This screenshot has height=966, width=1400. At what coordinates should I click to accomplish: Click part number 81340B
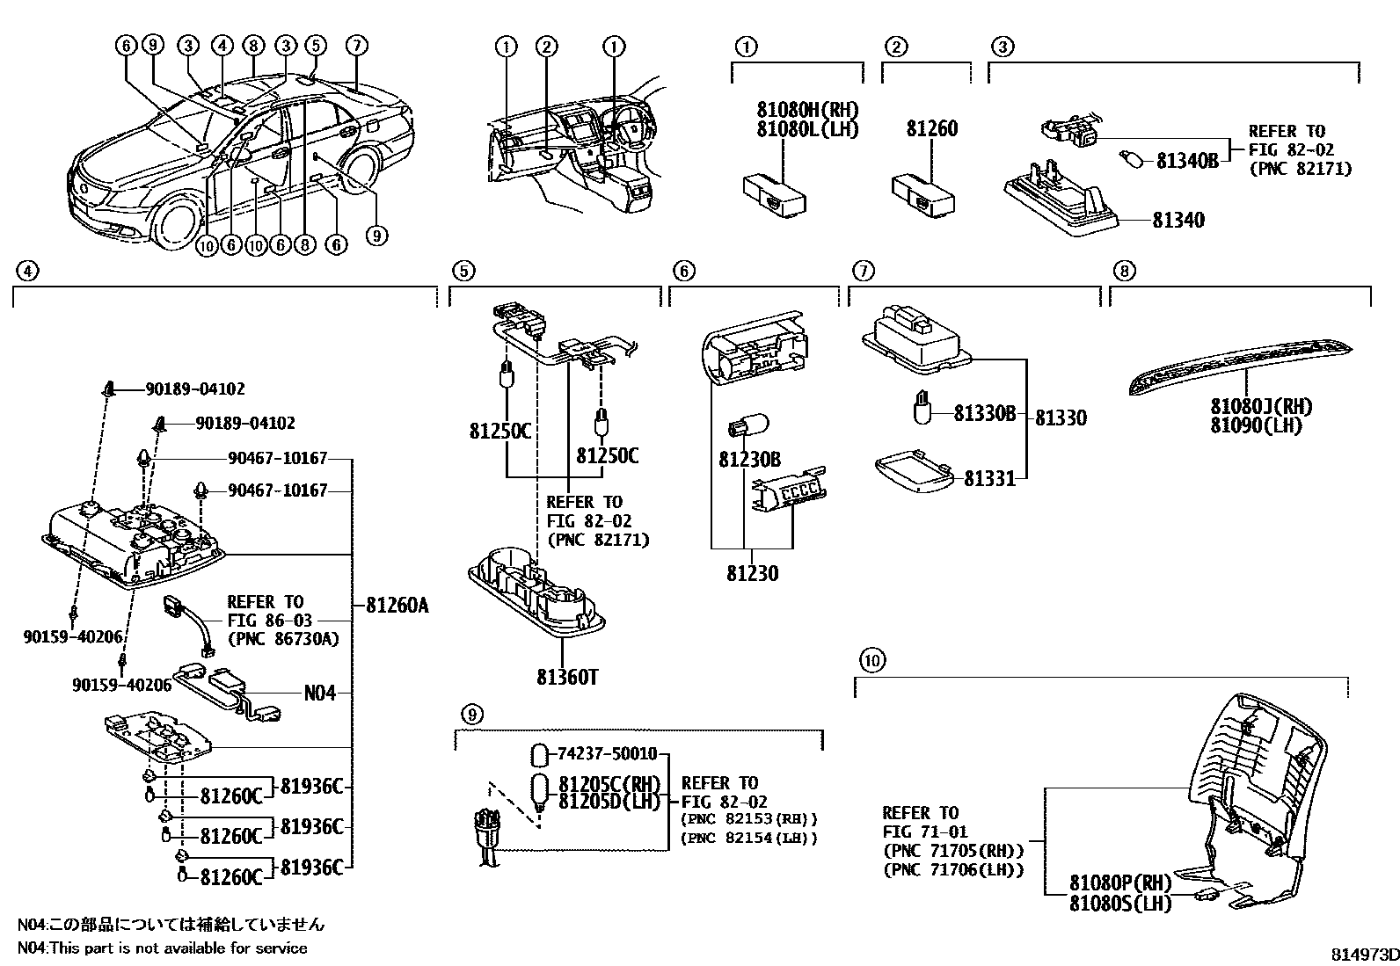click(1186, 161)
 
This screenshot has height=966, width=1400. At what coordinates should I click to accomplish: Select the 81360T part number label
click(568, 677)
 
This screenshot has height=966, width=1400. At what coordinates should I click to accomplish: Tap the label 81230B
click(749, 459)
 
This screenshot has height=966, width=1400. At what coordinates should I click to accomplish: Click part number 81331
click(989, 478)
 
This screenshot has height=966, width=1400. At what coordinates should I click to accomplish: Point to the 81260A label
click(397, 605)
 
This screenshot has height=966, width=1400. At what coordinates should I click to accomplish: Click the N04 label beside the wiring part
click(320, 693)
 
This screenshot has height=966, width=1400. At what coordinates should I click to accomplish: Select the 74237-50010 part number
click(607, 754)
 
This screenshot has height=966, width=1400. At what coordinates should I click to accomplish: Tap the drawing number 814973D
click(1362, 955)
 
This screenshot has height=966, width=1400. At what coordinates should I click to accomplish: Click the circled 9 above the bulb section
click(471, 715)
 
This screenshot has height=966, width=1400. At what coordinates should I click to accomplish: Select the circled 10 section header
click(870, 659)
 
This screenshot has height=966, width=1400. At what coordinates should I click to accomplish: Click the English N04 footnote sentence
click(163, 948)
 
